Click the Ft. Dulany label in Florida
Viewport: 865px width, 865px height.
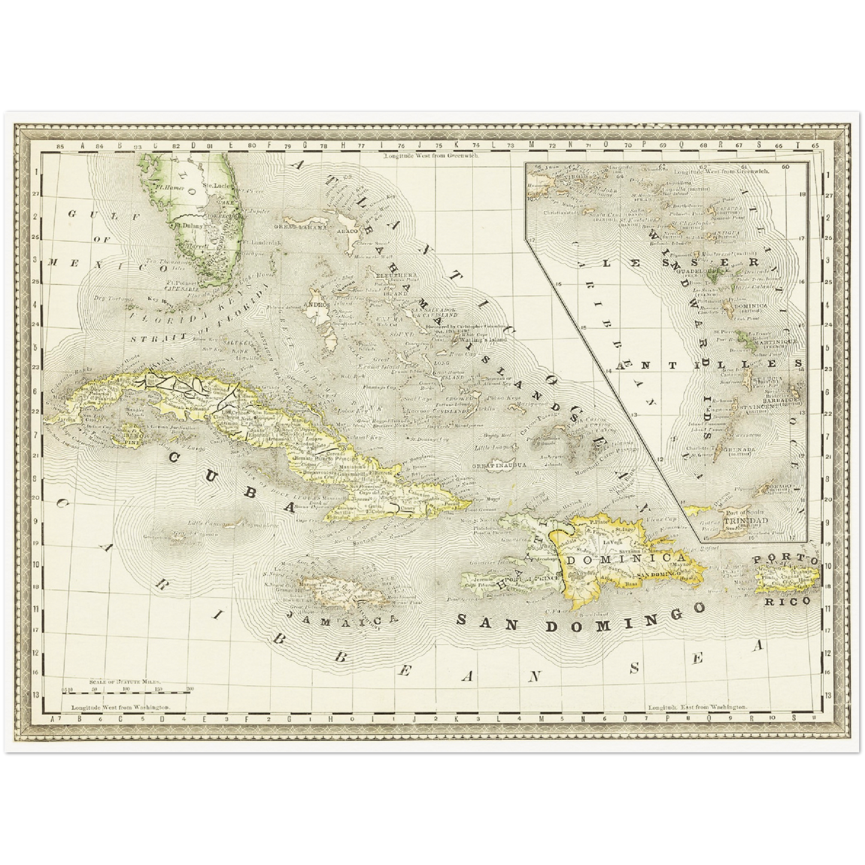pyautogui.click(x=188, y=226)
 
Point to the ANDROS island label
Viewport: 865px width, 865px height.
pyautogui.click(x=317, y=304)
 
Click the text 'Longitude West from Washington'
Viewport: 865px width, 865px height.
pyautogui.click(x=120, y=707)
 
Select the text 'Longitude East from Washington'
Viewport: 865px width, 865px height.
pyautogui.click(x=697, y=707)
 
